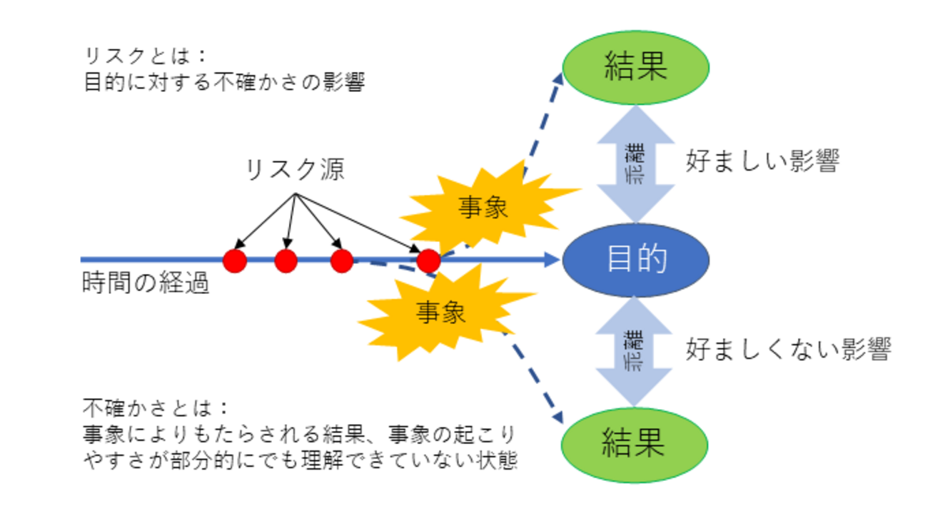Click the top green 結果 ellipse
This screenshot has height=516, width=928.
coord(635,67)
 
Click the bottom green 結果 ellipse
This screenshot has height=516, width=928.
coord(635,442)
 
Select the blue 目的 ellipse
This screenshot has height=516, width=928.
coord(635,259)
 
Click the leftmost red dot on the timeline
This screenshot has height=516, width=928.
coord(235,260)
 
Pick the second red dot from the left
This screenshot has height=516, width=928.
coord(286,260)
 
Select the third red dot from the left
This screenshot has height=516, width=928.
coord(342,260)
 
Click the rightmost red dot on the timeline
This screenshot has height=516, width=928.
coord(428,260)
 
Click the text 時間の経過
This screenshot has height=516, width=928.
coord(146,284)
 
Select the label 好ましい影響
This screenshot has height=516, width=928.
coord(762,161)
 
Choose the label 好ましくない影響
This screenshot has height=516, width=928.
coord(788,349)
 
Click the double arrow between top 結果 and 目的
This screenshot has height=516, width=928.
coord(635,164)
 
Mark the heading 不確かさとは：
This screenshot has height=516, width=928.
coord(156,408)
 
